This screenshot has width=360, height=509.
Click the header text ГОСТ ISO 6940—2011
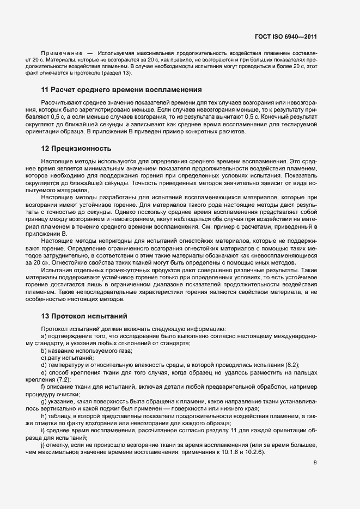tap(285, 37)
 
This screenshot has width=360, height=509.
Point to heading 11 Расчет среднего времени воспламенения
tap(121, 89)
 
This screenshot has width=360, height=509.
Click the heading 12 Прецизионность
tap(76, 148)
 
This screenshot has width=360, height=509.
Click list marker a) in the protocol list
tap(44, 337)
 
